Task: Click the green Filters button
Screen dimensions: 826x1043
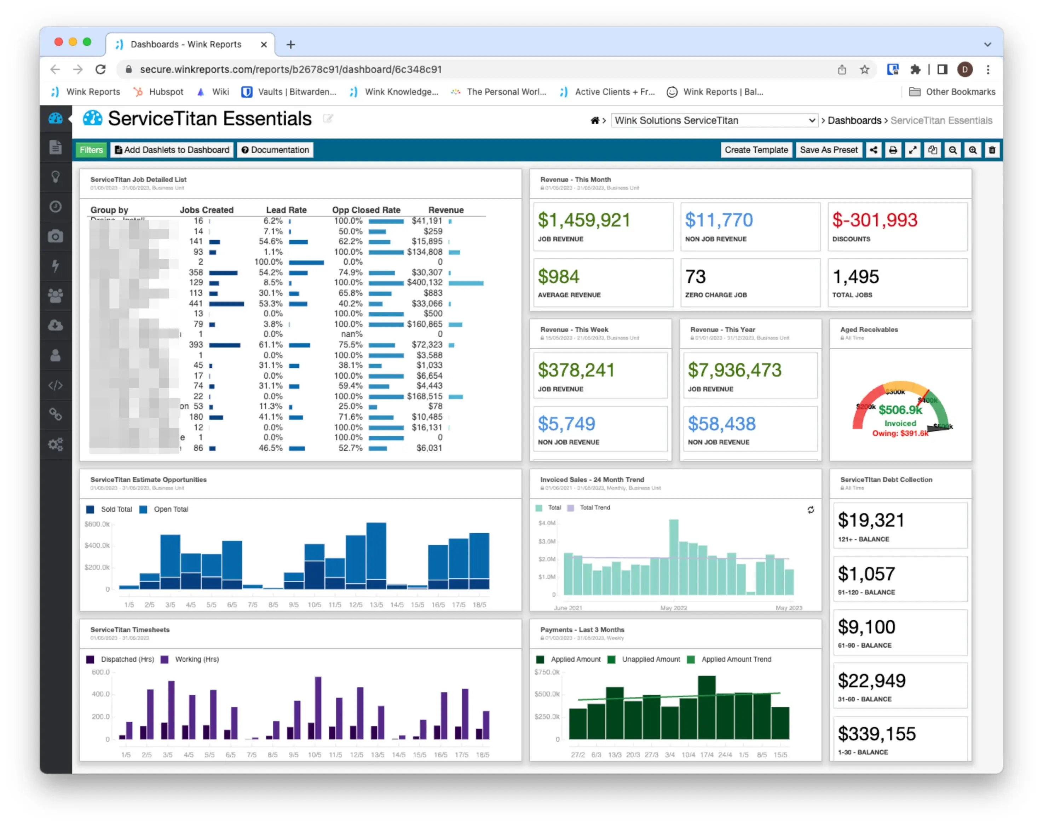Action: tap(91, 150)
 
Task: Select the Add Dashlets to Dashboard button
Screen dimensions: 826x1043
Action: tap(172, 150)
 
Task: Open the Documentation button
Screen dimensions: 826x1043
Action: tap(275, 150)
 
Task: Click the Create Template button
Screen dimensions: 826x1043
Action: tap(756, 150)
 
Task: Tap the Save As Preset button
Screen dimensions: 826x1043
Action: tap(828, 150)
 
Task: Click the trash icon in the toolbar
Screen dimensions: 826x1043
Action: tap(992, 150)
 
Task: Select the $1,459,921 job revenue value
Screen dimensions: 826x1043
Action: tap(584, 220)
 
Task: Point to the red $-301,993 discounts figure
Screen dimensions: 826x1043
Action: tap(874, 220)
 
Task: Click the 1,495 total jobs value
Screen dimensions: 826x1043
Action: tap(855, 277)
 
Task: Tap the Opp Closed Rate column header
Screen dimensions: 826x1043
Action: tap(366, 210)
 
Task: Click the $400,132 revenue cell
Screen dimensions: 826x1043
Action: tap(425, 282)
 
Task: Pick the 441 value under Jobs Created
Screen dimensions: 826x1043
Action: tap(196, 303)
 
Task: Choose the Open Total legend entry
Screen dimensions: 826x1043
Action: tap(171, 509)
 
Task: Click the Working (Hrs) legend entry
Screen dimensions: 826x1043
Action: tap(196, 659)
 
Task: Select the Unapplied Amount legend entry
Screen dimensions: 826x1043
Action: tap(650, 659)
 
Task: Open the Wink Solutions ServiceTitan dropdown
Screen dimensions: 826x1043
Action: tap(714, 120)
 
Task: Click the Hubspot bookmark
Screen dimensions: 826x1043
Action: tap(165, 92)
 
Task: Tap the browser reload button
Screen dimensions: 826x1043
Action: tap(100, 70)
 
